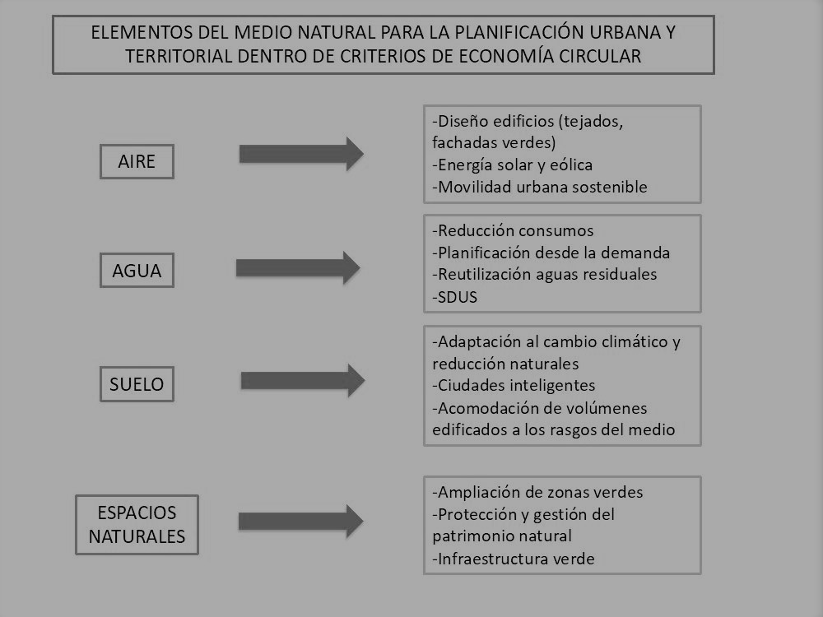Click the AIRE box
(x=137, y=161)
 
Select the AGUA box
(x=137, y=270)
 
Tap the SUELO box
(x=137, y=384)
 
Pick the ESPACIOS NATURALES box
(x=137, y=525)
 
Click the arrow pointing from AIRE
(x=301, y=154)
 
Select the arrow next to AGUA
(x=298, y=267)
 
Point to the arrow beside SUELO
(x=303, y=380)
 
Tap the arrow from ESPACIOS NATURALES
(x=300, y=521)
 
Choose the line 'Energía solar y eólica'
(x=512, y=165)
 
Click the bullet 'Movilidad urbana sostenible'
(x=540, y=187)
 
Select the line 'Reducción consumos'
(x=513, y=230)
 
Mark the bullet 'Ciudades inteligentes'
(x=514, y=385)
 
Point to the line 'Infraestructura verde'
(x=514, y=559)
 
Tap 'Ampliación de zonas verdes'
(x=537, y=492)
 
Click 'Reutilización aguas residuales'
(x=544, y=274)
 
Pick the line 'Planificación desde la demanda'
(x=551, y=253)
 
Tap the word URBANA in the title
(x=625, y=33)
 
